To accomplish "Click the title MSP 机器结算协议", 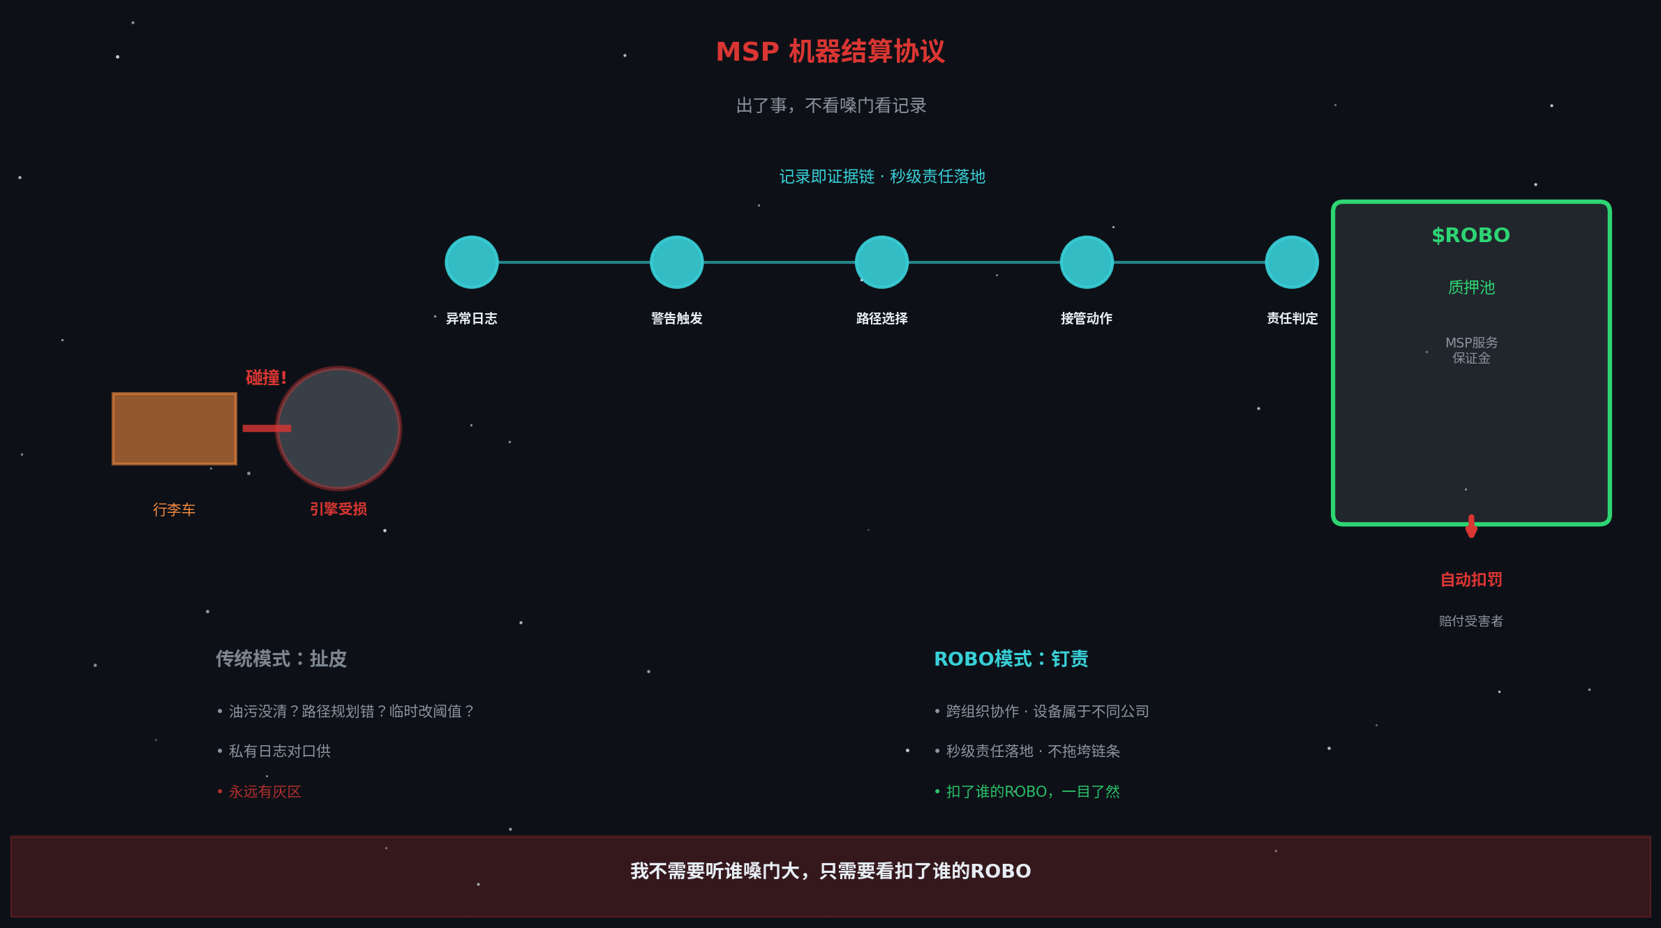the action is [830, 52].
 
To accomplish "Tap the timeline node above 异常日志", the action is [472, 262].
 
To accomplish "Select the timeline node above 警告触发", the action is [676, 262].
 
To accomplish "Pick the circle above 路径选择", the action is [881, 262].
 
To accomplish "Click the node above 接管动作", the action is [1087, 262].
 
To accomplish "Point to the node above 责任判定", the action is [1292, 262].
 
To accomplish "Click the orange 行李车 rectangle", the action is [174, 428].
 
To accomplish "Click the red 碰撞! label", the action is [266, 377].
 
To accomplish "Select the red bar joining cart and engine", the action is [267, 428].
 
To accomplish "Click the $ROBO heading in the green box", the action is [1471, 235].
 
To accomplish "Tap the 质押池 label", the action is [1471, 287].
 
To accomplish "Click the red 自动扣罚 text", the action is [1471, 580].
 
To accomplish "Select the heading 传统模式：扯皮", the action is [281, 659].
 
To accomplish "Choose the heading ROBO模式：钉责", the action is [1011, 659].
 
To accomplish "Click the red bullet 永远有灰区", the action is [265, 792].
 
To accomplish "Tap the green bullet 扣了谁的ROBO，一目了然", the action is [1032, 792].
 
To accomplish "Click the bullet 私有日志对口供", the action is [279, 751].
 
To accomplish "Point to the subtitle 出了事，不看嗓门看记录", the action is [831, 105].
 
